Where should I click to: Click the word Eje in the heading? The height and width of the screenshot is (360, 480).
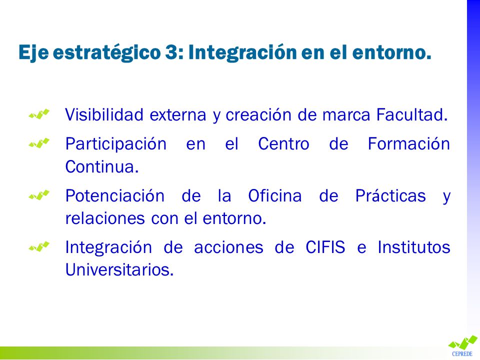[33, 52]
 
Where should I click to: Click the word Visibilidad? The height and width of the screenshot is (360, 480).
[104, 114]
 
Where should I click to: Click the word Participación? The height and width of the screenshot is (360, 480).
[116, 144]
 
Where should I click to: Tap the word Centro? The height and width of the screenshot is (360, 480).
[283, 143]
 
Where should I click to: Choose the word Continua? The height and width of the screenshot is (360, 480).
[102, 166]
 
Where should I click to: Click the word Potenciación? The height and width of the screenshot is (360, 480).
[115, 195]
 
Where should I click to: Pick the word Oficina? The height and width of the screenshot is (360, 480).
[274, 195]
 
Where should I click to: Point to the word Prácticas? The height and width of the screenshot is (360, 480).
[390, 195]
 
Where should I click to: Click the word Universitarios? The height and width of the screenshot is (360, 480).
[119, 269]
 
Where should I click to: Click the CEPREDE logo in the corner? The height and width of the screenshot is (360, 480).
[462, 346]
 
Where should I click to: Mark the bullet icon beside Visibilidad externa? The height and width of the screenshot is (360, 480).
[39, 114]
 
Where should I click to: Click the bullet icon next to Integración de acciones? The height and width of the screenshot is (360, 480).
[39, 246]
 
